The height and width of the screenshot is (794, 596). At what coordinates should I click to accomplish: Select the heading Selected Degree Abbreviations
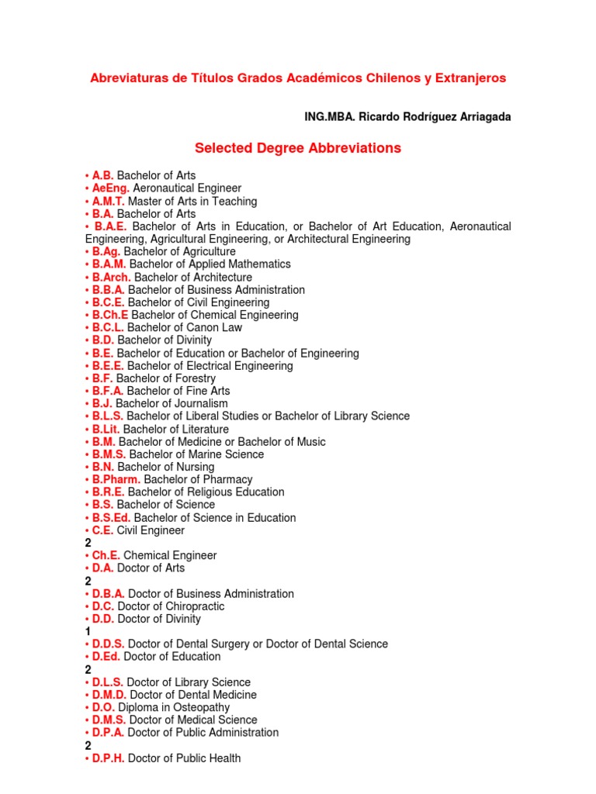(x=298, y=148)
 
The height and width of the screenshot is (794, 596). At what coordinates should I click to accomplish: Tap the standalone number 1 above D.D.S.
(x=88, y=632)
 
